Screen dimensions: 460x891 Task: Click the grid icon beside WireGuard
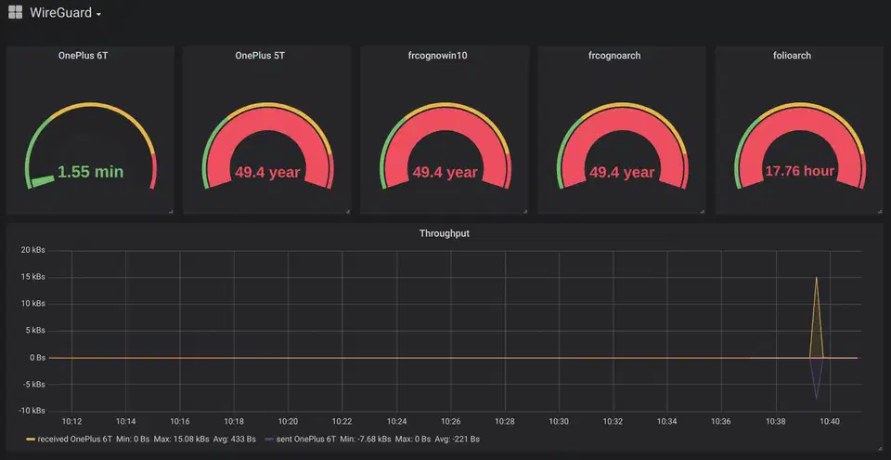click(15, 13)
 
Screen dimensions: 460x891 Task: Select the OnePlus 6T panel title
click(90, 56)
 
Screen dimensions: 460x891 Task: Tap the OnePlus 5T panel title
click(266, 56)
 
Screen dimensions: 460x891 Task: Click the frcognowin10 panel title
click(445, 56)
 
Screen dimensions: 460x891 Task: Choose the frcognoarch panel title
click(622, 56)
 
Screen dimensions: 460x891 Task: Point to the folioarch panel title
click(798, 56)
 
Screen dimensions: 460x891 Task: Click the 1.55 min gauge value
click(90, 172)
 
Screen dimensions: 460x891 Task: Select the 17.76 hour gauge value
click(799, 171)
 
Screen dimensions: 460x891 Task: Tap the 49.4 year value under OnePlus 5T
click(267, 172)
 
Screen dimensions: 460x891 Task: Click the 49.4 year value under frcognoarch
click(622, 172)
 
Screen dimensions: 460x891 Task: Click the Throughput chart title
click(445, 233)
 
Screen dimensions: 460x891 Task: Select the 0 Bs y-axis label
click(36, 358)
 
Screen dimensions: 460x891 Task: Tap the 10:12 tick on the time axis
click(72, 422)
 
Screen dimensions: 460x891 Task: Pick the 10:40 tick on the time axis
click(829, 422)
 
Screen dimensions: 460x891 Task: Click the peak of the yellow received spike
click(816, 277)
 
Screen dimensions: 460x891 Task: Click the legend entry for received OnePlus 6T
click(75, 439)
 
